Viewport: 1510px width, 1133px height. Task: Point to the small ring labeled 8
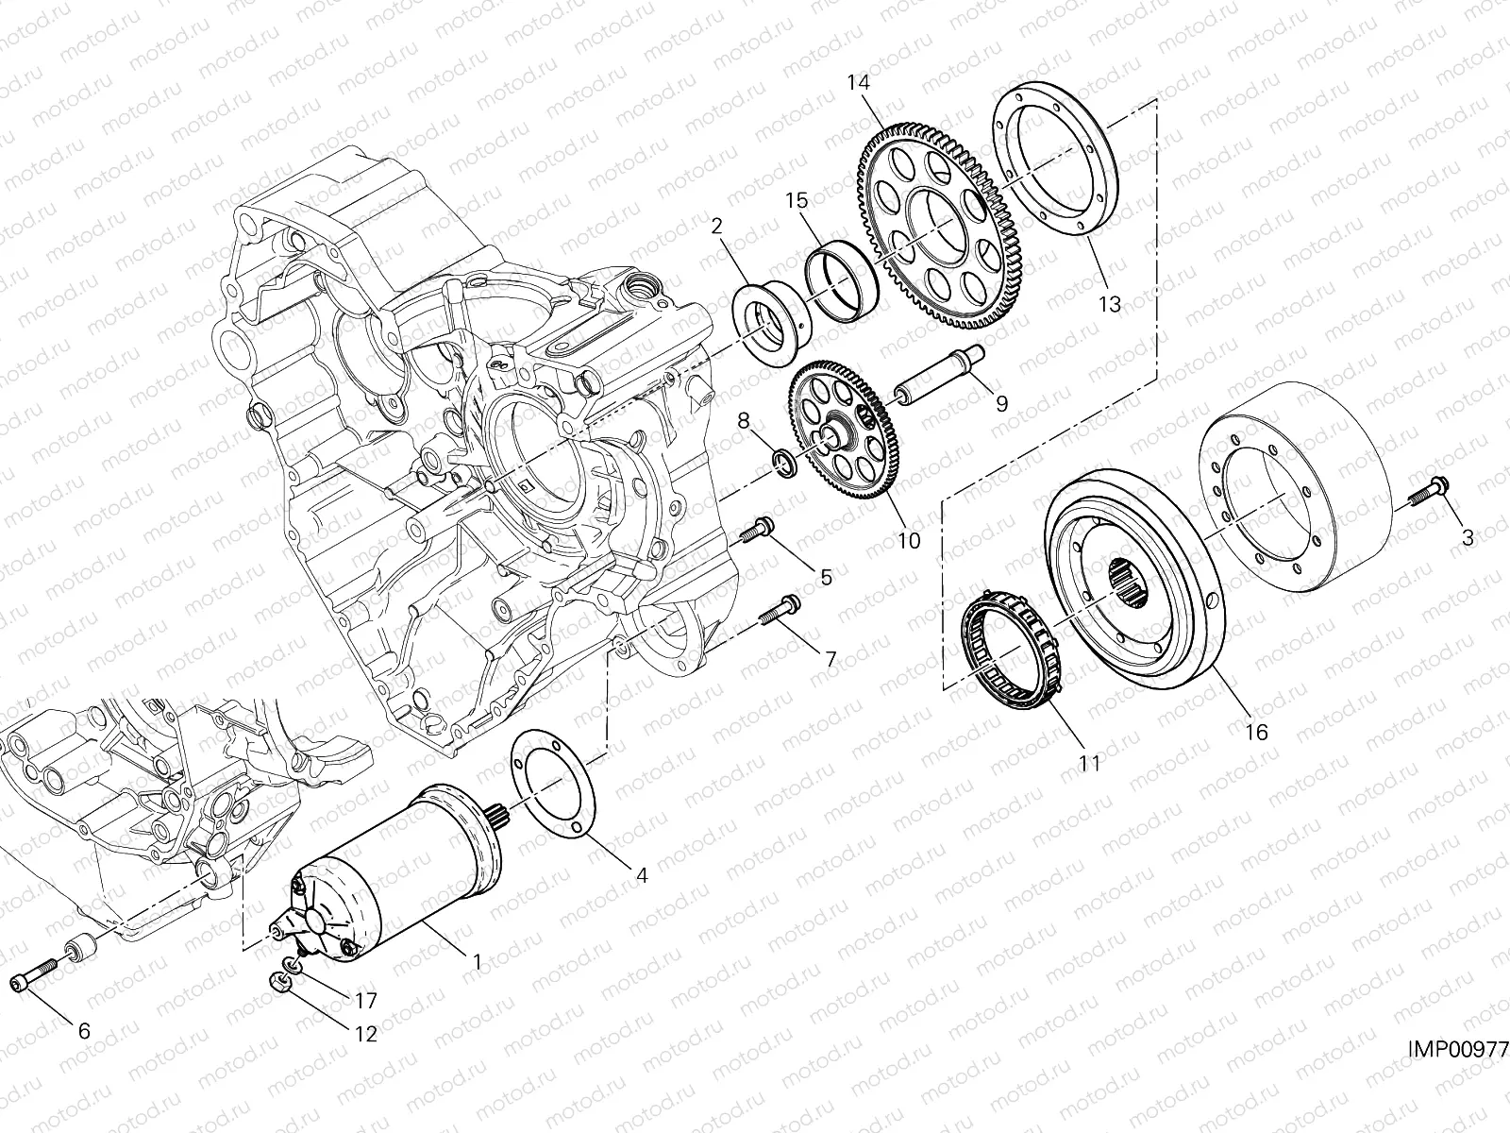pyautogui.click(x=782, y=460)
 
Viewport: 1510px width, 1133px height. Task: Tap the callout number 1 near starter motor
pyautogui.click(x=477, y=961)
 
